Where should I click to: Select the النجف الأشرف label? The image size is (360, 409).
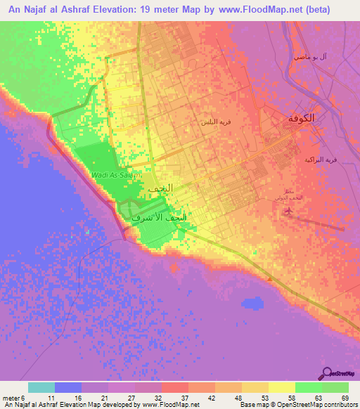pos(160,219)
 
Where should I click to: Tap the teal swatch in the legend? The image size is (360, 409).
pos(41,387)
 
